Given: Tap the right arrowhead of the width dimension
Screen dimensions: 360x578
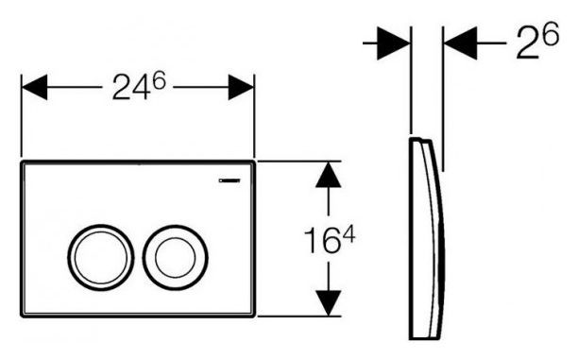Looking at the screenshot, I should [x=240, y=88].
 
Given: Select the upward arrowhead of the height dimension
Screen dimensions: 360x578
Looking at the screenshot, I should [x=328, y=175].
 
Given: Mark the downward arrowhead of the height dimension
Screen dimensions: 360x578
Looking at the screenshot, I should [x=328, y=302].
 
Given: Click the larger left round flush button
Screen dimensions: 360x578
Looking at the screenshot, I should [x=94, y=253].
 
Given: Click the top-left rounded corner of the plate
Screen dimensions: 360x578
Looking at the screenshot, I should [x=25, y=166].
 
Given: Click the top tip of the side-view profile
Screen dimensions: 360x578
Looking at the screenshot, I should [x=419, y=141].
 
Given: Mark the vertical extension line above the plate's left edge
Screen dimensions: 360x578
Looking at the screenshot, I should [x=21, y=113].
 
